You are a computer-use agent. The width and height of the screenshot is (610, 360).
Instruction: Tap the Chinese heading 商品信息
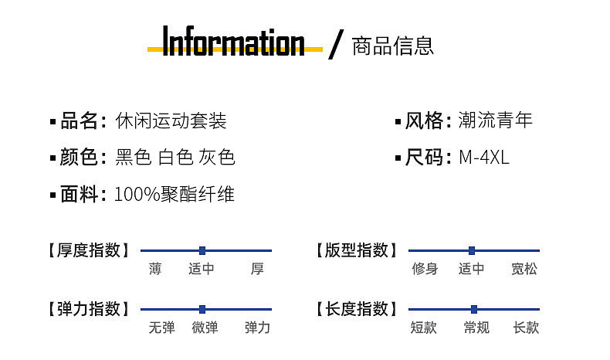coord(392,46)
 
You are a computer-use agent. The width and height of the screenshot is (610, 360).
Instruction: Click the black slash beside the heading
coord(334,44)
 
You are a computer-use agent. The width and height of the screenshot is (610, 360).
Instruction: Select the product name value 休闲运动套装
coord(171,121)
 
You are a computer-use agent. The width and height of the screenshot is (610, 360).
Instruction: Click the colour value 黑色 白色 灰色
coord(175,158)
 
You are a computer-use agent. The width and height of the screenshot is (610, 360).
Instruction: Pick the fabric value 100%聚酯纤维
coord(174,195)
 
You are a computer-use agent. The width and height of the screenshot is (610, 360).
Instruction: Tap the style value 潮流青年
coord(495,121)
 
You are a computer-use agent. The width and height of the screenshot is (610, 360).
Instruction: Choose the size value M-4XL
coord(484,158)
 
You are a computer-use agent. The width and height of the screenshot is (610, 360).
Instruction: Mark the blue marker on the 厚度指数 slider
coord(202,250)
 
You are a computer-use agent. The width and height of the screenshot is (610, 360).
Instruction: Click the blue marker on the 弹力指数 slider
coord(202,309)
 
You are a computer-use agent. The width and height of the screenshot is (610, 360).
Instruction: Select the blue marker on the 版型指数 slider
coord(472,250)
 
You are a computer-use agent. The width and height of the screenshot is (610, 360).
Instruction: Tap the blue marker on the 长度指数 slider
coord(474,309)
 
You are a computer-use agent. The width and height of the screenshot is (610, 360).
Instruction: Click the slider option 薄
coord(156,269)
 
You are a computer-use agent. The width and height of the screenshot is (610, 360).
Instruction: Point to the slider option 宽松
coord(524,269)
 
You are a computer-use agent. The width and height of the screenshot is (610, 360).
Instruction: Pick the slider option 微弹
coord(205,328)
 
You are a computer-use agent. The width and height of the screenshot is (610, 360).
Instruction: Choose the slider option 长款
coord(526,328)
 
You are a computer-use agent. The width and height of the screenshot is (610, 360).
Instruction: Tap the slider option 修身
coord(425,269)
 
